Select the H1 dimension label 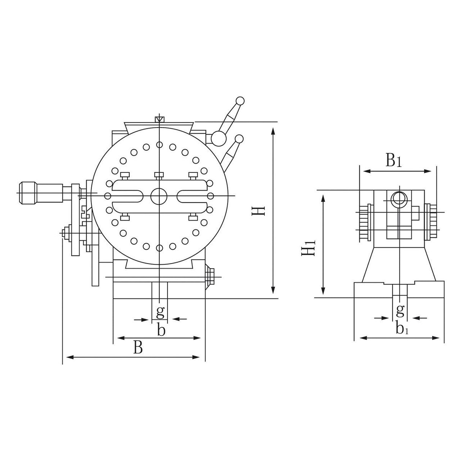tap(308, 247)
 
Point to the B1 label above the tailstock tap(393, 161)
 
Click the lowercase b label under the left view tap(161, 330)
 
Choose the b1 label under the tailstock tap(402, 328)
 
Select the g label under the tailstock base tap(400, 310)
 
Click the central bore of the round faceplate tap(159, 196)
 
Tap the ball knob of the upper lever tap(240, 101)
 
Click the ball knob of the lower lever tap(239, 139)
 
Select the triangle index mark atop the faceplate tap(159, 119)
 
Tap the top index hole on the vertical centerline tap(159, 145)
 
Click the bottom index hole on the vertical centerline tap(159, 248)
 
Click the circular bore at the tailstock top tap(399, 198)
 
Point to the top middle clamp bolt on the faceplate tap(159, 175)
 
